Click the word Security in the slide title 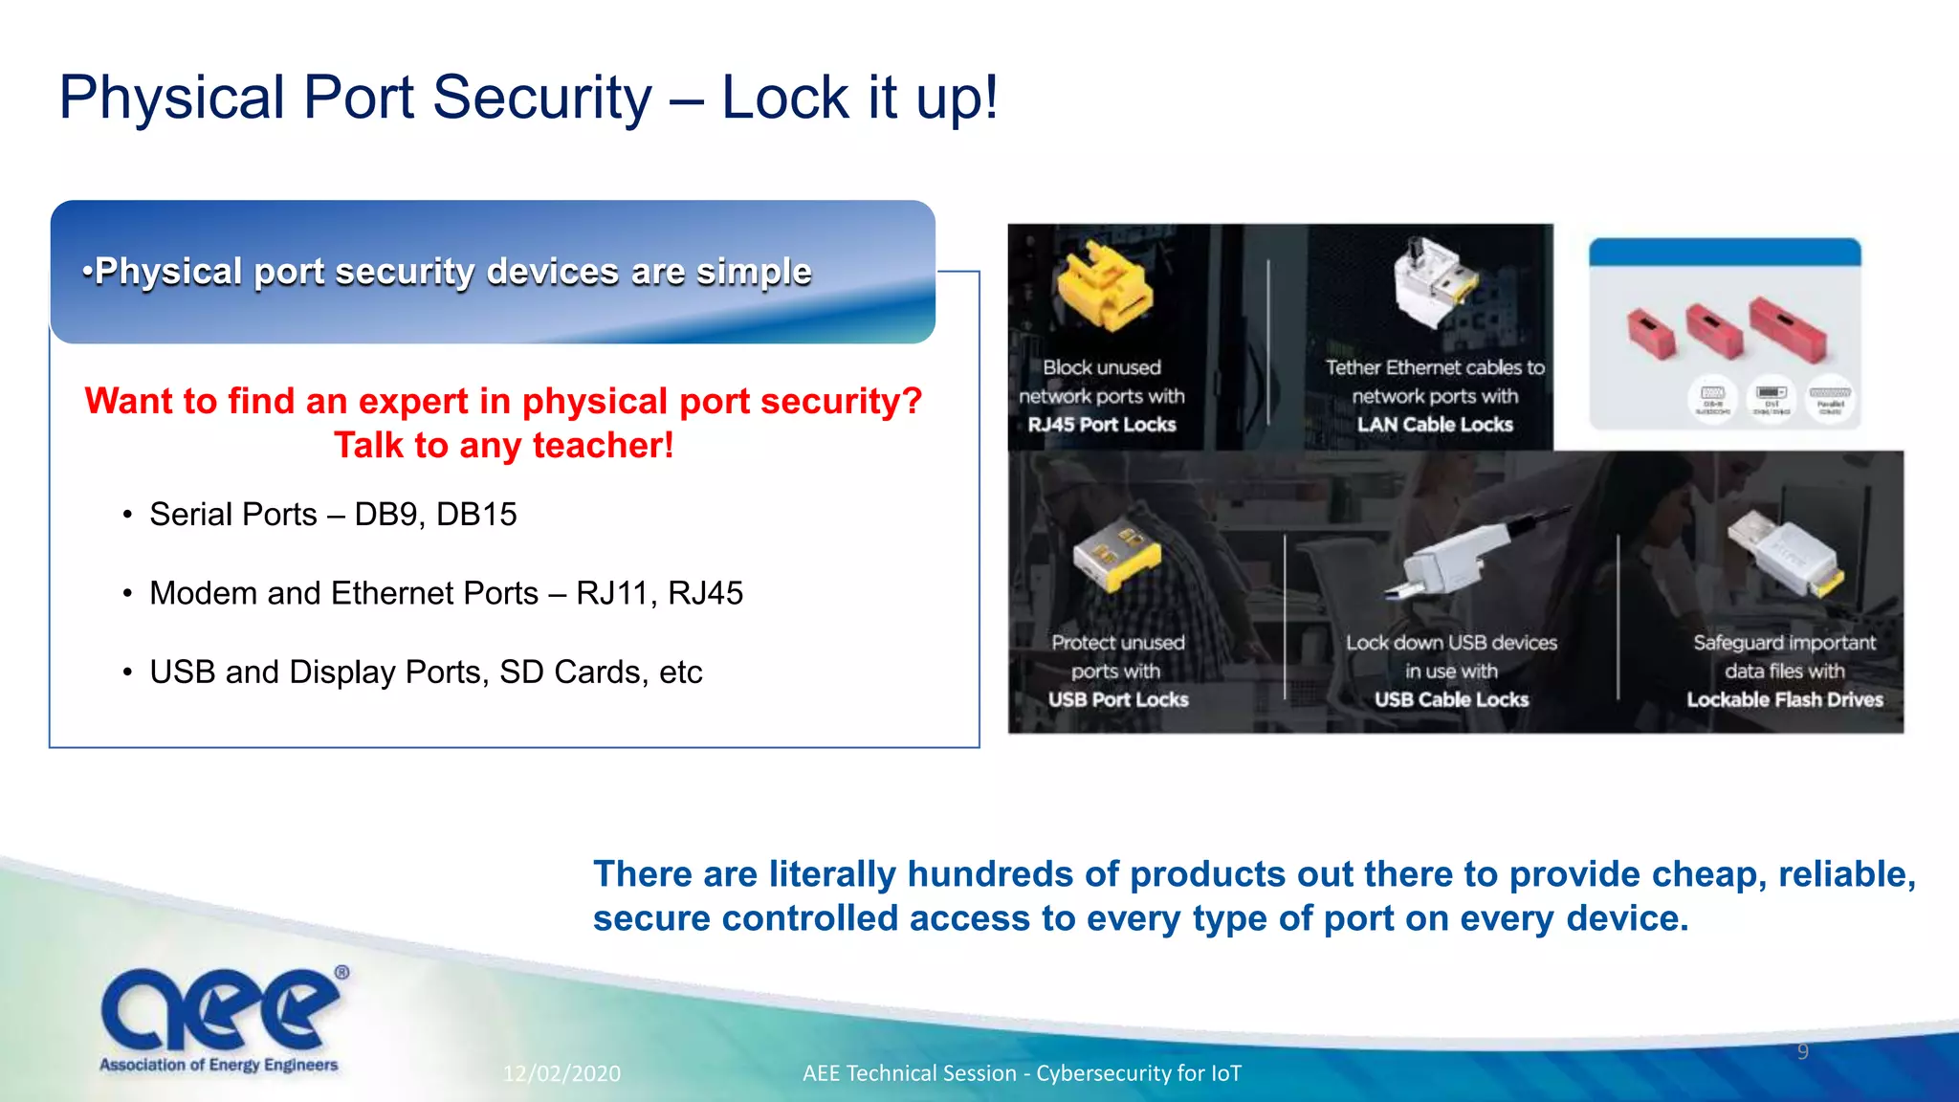coord(541,98)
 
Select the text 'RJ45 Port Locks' coord(1102,425)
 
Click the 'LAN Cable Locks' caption coord(1435,425)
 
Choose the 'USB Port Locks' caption coord(1118,699)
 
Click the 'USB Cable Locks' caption coord(1451,699)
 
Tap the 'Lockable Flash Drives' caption coord(1785,699)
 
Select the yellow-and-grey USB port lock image coord(1115,555)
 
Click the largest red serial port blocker coord(1788,328)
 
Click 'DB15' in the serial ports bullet coord(476,515)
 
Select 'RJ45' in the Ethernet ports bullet coord(705,593)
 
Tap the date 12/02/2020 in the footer coord(562,1073)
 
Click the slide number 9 coord(1803,1052)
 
